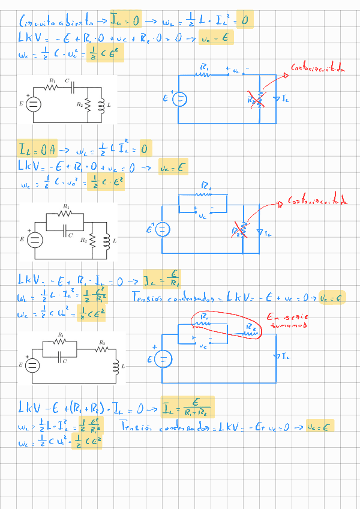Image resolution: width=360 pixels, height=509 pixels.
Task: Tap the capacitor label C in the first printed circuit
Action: (67, 80)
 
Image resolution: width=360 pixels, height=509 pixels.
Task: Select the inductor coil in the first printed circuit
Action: (101, 104)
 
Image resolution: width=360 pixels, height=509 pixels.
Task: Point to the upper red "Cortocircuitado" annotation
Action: (318, 68)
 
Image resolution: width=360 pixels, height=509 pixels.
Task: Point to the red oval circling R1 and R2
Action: (226, 327)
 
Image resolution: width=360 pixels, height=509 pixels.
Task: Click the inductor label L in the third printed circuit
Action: (122, 366)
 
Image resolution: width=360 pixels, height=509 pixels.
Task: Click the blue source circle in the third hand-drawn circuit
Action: (162, 360)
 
